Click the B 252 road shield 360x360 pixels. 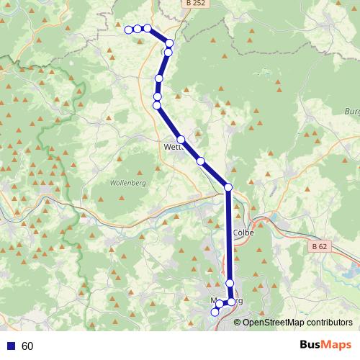click(191, 4)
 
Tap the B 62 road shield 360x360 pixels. click(321, 246)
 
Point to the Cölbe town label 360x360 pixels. click(245, 233)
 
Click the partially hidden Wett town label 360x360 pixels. click(173, 145)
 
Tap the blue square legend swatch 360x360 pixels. click(11, 346)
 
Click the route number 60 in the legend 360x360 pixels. click(27, 346)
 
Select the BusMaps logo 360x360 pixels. click(325, 346)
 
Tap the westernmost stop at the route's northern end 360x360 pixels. click(129, 30)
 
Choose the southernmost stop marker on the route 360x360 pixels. click(214, 312)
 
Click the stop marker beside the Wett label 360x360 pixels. click(181, 139)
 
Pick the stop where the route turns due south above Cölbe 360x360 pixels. click(228, 187)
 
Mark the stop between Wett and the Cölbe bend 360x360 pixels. click(201, 161)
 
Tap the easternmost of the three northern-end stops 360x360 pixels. click(147, 28)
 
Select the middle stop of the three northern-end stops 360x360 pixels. click(138, 29)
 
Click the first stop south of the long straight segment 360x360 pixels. click(230, 284)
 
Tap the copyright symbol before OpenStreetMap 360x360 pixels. click(237, 323)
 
